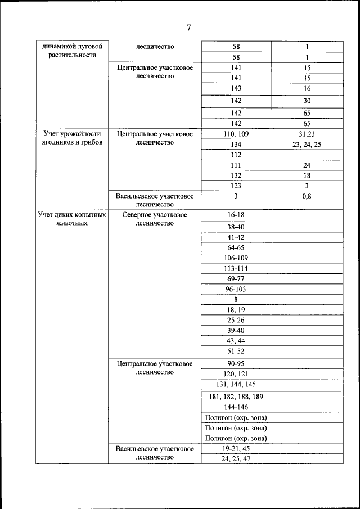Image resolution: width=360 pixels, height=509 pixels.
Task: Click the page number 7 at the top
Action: click(188, 28)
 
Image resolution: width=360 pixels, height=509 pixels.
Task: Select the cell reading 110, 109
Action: click(236, 134)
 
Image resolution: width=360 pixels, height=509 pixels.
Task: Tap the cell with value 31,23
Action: click(307, 134)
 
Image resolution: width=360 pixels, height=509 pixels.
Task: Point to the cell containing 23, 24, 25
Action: click(307, 145)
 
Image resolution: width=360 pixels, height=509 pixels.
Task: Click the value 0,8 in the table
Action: click(307, 196)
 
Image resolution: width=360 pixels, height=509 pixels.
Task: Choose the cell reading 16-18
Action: click(236, 215)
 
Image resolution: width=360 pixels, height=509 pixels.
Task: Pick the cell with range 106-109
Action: click(236, 258)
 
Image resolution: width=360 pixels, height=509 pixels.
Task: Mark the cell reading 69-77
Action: click(236, 279)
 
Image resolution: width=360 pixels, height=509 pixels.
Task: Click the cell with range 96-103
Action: click(236, 289)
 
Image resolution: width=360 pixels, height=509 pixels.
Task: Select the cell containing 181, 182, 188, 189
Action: click(236, 397)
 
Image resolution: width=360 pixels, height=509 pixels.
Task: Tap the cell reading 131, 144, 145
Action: click(236, 384)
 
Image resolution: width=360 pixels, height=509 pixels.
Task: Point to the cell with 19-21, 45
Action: click(236, 449)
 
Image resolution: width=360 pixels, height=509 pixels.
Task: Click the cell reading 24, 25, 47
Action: click(236, 459)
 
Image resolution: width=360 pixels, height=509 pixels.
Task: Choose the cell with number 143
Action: click(236, 88)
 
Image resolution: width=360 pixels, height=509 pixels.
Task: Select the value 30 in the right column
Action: click(307, 101)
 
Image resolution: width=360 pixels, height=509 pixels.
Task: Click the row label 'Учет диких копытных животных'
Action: click(72, 219)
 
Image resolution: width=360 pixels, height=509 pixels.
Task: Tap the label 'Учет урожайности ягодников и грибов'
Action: click(72, 138)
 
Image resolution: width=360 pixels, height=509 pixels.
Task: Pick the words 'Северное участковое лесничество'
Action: click(155, 219)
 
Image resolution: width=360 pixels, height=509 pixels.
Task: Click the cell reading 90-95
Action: click(236, 364)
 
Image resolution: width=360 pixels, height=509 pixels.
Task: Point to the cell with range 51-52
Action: click(236, 351)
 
